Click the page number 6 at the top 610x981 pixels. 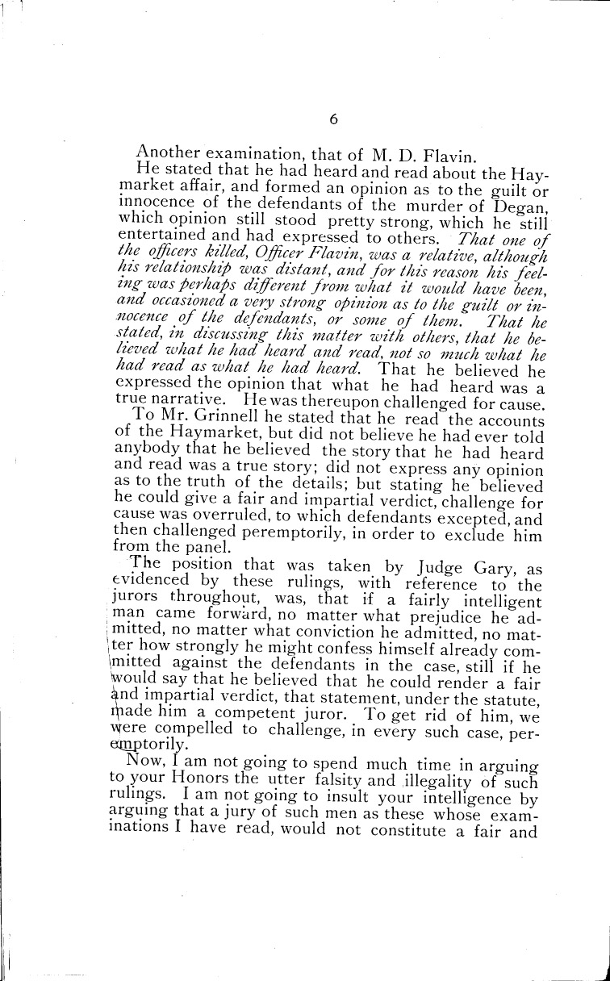(332, 119)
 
